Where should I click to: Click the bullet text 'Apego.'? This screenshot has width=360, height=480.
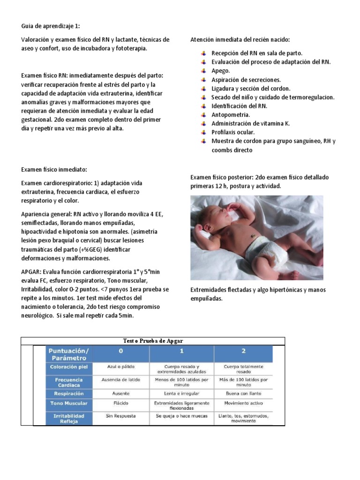click(x=220, y=71)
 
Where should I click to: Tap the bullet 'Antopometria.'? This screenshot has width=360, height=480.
click(x=231, y=115)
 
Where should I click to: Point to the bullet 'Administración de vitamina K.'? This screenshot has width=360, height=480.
click(x=250, y=124)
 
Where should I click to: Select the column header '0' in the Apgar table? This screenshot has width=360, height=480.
click(x=121, y=351)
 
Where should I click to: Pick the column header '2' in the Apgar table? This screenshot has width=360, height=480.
click(x=243, y=351)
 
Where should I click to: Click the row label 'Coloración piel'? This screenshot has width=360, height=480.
click(x=69, y=367)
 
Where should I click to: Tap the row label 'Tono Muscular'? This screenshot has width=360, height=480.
click(x=69, y=403)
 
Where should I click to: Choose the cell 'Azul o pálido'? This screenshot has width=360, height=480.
click(x=121, y=367)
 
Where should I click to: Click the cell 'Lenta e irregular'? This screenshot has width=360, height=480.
click(x=181, y=393)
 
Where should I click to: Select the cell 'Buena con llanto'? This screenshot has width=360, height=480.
click(x=243, y=393)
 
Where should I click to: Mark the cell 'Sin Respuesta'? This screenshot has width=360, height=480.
click(x=120, y=415)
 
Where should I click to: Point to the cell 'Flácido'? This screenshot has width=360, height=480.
click(x=121, y=403)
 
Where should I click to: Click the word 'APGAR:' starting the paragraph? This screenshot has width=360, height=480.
click(x=31, y=272)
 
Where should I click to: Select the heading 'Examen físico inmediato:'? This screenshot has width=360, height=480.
click(x=54, y=169)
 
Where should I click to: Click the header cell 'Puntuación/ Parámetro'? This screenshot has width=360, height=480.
click(x=69, y=354)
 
